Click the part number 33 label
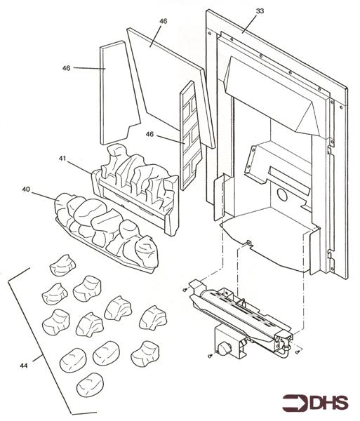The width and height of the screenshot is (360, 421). point(260,11)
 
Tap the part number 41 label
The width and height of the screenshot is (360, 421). point(62,159)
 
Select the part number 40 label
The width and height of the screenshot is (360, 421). point(26,189)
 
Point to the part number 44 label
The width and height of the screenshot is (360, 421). point(24,366)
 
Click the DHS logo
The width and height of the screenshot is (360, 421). point(315,403)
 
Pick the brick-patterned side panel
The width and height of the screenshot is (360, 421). point(191,135)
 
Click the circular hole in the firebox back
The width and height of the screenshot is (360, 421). point(281,195)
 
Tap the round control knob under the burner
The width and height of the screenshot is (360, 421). point(222,349)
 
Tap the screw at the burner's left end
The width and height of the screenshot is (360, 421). point(185,290)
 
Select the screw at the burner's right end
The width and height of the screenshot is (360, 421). point(298,352)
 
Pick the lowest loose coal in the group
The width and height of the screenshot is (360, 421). point(90,385)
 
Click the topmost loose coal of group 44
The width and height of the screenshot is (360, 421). point(63,265)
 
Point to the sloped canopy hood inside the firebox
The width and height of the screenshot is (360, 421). point(272,94)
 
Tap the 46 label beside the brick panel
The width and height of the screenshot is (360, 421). point(149,134)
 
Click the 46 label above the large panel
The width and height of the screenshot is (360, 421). point(163,21)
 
